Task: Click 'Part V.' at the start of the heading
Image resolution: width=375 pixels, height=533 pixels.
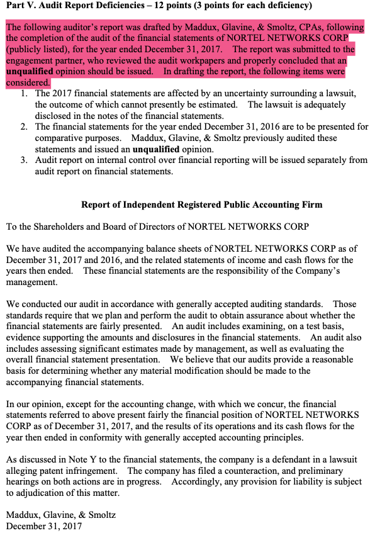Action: coord(21,6)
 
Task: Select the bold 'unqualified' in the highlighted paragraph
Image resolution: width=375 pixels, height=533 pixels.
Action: coord(30,71)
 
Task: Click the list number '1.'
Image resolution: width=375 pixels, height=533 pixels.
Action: coord(23,94)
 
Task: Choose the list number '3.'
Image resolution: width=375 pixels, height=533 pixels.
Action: coord(23,160)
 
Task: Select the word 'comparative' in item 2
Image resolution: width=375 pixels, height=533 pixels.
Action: coord(60,138)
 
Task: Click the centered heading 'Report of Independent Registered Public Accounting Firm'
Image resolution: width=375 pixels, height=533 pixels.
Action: coord(201,205)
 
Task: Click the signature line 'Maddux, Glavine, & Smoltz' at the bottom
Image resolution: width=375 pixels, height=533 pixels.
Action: coord(61,515)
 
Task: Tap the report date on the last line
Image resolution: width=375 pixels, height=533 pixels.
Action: coord(44,525)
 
